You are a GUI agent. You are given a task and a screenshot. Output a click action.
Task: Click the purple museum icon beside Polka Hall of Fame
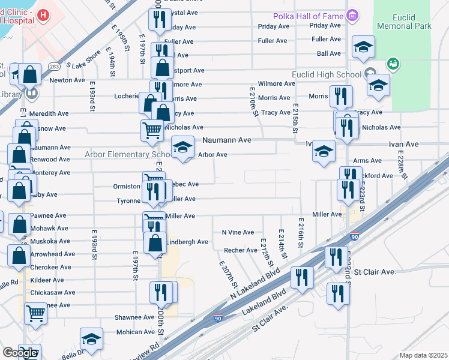[x=354, y=15]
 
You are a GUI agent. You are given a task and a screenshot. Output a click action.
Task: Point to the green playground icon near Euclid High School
[x=393, y=62]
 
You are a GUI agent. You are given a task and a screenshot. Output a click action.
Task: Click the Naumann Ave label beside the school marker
[x=226, y=140]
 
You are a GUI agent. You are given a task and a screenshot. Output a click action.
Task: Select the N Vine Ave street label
[x=238, y=232]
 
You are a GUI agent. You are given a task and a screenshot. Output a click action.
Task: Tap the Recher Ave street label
[x=241, y=250]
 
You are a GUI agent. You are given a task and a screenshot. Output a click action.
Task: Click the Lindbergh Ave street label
[x=187, y=242]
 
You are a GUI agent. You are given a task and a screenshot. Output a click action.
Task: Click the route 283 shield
[x=53, y=67]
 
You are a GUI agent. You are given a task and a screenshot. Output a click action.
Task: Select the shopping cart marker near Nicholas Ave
[x=152, y=130]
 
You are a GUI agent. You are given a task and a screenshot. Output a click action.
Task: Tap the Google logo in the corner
[x=20, y=353]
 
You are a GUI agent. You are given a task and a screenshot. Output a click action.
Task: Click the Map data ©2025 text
[x=423, y=355]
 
